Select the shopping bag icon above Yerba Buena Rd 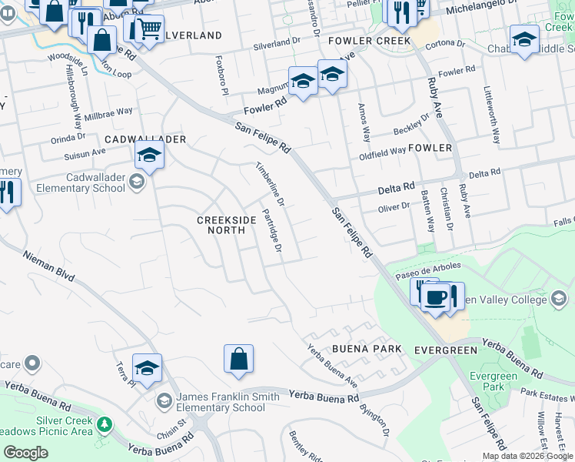click(238, 360)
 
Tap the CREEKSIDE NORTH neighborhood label click(227, 225)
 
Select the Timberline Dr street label click(271, 185)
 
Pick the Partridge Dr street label click(272, 230)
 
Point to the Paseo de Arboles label click(428, 267)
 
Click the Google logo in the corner click(25, 453)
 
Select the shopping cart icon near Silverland click(151, 29)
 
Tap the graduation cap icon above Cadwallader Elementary click(149, 156)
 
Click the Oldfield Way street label click(382, 152)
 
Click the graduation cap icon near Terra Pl click(146, 369)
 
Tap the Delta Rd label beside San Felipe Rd click(397, 187)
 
